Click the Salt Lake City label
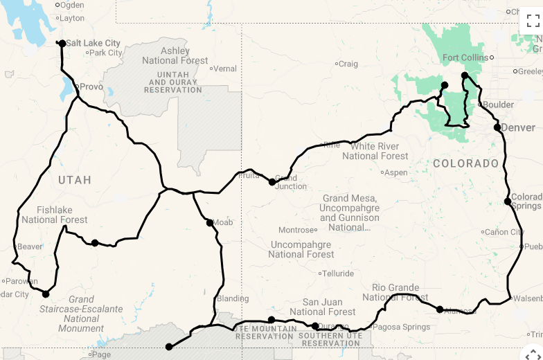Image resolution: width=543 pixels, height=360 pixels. coord(93,43)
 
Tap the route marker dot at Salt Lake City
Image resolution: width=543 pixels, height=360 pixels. coord(62,44)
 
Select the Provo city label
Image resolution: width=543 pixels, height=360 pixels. coord(91,87)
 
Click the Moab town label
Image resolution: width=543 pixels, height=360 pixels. coord(222,222)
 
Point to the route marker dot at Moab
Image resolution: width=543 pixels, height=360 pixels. coord(209,223)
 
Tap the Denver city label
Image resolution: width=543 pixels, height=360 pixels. coord(519,127)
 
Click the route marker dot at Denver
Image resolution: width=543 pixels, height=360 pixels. coord(497,127)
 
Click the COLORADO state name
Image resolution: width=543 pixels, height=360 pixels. coord(466,163)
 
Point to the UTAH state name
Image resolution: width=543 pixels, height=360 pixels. coord(74,180)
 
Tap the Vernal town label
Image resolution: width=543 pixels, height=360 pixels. coord(225,69)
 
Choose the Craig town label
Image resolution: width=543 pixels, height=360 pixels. coord(348,64)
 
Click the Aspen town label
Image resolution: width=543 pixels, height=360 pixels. coord(396,172)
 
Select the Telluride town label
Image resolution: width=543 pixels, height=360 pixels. coord(338,273)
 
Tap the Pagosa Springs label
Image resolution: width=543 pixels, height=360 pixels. coord(401,327)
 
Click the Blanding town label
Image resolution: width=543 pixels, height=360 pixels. coord(233,298)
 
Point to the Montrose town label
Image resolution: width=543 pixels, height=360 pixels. coord(297,230)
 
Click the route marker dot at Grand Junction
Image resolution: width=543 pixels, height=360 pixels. coord(272,182)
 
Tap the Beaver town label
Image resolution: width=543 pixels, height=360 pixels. coord(30,246)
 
